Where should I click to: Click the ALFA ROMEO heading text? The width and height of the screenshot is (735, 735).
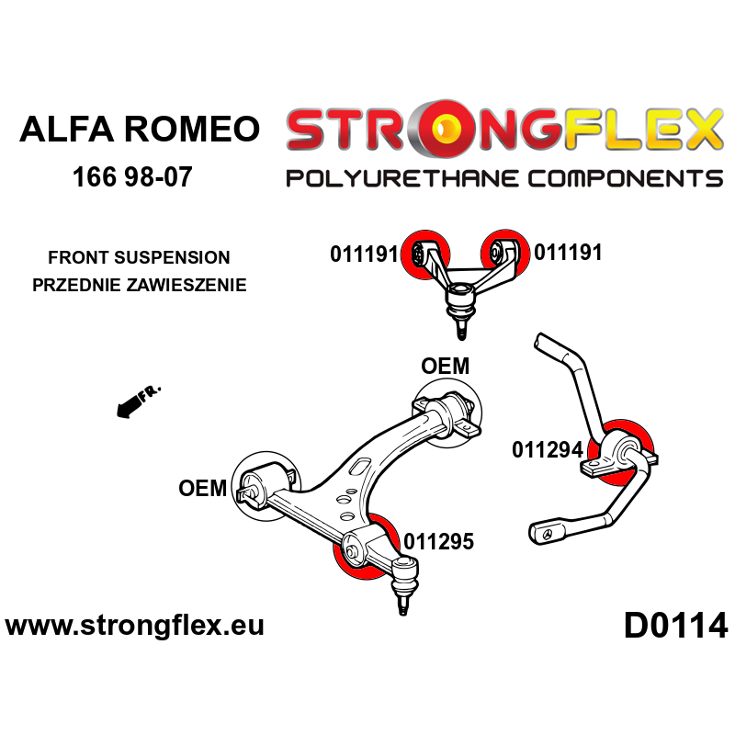(140, 129)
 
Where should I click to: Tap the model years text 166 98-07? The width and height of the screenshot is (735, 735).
(132, 176)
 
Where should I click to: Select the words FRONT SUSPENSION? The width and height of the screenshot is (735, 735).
(139, 258)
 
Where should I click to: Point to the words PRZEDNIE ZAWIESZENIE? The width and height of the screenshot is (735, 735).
(139, 285)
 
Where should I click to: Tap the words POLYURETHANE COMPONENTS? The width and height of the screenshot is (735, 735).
(503, 177)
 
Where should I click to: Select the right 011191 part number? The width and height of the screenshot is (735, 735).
(568, 252)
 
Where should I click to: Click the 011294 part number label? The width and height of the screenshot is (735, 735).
(547, 450)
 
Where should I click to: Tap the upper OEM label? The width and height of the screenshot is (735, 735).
(445, 366)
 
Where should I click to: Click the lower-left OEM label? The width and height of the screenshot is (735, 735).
(202, 488)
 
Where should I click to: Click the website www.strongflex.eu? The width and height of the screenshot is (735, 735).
(134, 626)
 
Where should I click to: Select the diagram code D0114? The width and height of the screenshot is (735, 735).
(675, 626)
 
